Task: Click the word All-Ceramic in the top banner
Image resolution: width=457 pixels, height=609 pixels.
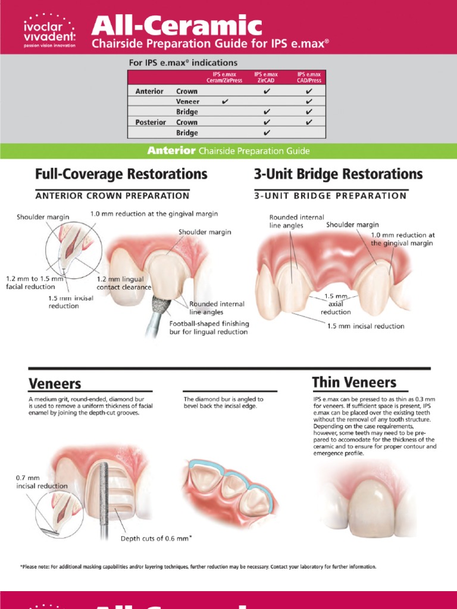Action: (x=177, y=26)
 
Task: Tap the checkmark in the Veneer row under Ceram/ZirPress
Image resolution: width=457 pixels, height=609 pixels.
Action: (x=224, y=102)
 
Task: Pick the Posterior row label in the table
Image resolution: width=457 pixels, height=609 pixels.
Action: (x=151, y=123)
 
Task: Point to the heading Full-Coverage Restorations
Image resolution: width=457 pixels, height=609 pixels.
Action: (x=121, y=174)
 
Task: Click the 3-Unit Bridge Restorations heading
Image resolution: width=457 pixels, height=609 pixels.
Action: (x=338, y=174)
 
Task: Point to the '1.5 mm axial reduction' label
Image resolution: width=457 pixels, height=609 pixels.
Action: (x=336, y=303)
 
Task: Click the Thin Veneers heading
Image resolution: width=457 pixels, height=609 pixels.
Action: (x=354, y=381)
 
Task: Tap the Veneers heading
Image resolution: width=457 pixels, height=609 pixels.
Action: (x=55, y=383)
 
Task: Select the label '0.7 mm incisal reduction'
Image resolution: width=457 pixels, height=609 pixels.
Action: (x=42, y=482)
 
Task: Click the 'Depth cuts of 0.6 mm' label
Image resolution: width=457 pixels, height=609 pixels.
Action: (x=156, y=538)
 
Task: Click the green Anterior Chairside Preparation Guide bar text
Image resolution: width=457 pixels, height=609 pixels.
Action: (x=228, y=151)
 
